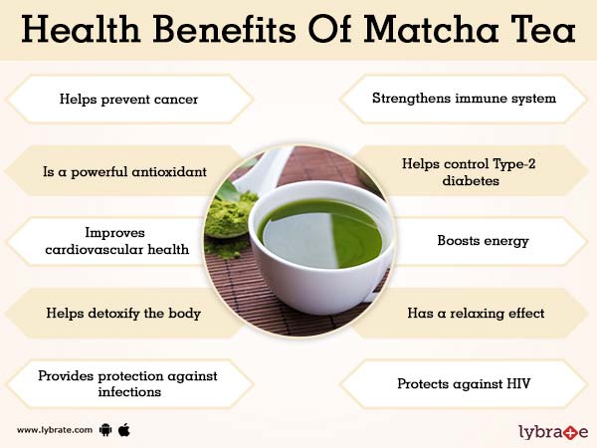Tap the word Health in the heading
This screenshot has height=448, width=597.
tap(92, 31)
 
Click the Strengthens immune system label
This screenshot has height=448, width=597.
tap(464, 99)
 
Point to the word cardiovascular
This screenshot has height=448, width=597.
tap(90, 249)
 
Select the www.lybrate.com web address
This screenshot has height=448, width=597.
tap(55, 430)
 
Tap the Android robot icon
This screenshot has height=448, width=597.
tap(106, 430)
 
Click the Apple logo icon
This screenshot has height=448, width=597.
tap(125, 429)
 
